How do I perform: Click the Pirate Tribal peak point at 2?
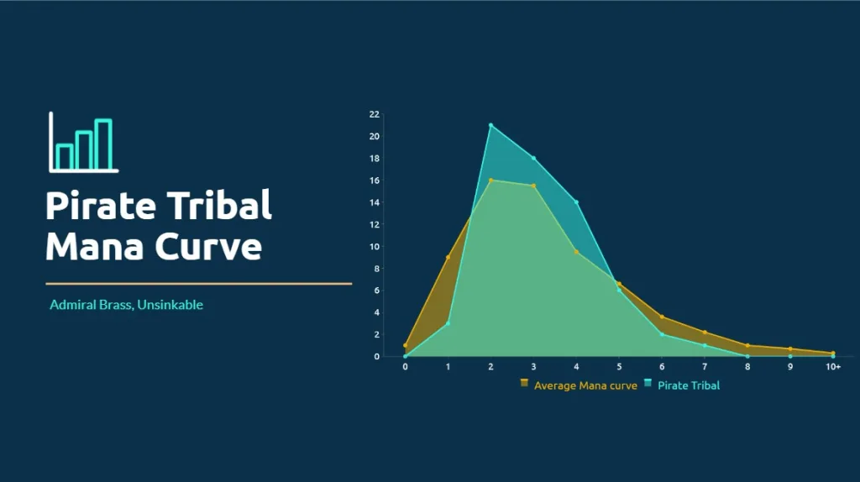click(x=490, y=126)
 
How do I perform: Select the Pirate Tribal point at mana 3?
click(x=533, y=159)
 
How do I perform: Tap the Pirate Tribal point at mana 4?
click(x=576, y=202)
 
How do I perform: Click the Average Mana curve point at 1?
click(x=448, y=257)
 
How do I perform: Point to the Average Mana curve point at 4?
click(x=576, y=252)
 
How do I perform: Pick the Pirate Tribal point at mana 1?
click(x=448, y=323)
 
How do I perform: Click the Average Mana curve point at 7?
click(x=705, y=333)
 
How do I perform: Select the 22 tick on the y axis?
click(x=374, y=114)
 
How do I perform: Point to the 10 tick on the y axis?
click(x=374, y=247)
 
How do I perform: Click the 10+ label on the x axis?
click(x=833, y=367)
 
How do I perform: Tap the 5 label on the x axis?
click(x=619, y=367)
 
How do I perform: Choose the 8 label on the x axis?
click(x=747, y=367)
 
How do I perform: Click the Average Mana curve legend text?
click(x=585, y=385)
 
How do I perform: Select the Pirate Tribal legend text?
click(x=689, y=385)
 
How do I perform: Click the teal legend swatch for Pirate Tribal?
click(x=648, y=383)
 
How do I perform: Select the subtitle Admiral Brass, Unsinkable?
click(x=126, y=305)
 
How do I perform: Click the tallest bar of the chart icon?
click(x=103, y=144)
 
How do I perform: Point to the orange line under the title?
click(x=198, y=284)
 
